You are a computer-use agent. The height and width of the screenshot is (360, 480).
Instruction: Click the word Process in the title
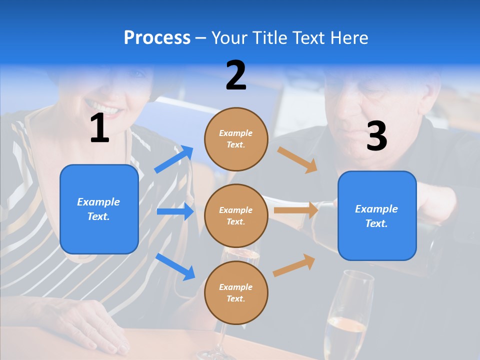tap(157, 37)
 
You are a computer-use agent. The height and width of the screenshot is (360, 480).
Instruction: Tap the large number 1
tap(99, 128)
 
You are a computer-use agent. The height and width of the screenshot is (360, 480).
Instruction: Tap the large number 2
tap(236, 75)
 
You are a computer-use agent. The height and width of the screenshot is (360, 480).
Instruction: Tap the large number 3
tap(376, 136)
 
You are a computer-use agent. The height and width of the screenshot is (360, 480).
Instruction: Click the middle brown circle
tap(236, 215)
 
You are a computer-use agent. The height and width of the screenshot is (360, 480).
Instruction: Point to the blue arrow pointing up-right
tap(174, 159)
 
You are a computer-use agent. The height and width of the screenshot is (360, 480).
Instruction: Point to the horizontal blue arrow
tap(175, 211)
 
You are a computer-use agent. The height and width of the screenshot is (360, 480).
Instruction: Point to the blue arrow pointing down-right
tap(175, 266)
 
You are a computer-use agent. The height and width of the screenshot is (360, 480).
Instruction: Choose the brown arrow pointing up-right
tap(294, 265)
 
